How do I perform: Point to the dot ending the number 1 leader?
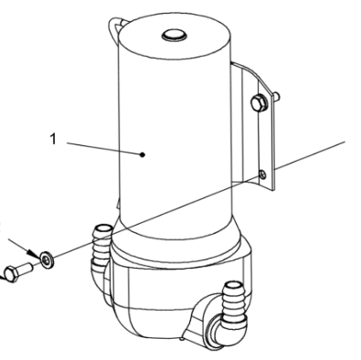tap(143, 155)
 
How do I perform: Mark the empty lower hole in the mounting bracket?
tap(263, 173)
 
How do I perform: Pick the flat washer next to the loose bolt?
tap(46, 260)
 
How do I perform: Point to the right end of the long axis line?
tap(345, 140)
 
